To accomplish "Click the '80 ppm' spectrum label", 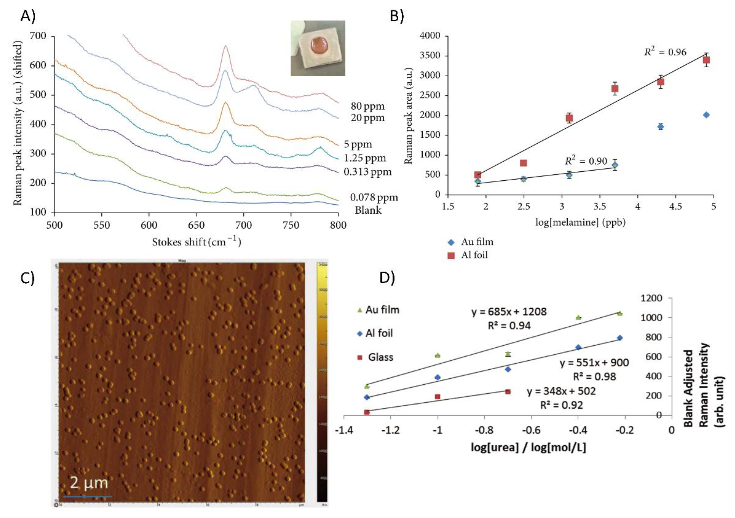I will click(367, 106).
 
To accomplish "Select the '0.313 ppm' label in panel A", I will click(367, 172).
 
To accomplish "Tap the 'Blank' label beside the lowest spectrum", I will click(368, 210).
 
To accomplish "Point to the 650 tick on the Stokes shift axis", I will click(196, 225).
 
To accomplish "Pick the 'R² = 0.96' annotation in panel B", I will click(665, 52).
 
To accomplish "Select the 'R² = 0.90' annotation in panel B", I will click(586, 161).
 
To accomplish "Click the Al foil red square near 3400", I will click(706, 60).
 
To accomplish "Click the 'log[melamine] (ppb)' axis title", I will click(580, 222).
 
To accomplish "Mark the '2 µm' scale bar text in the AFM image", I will click(89, 482).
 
